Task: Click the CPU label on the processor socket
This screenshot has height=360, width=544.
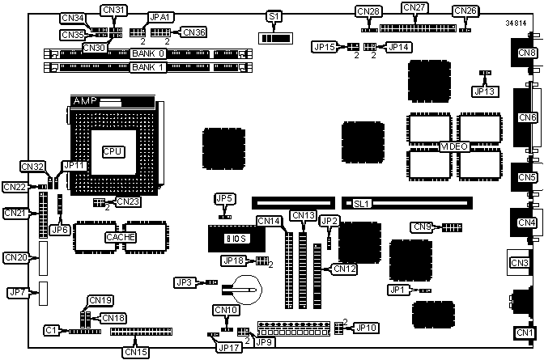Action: (x=111, y=151)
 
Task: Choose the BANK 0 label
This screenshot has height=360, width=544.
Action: (x=147, y=53)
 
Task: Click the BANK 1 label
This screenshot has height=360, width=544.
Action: (x=147, y=66)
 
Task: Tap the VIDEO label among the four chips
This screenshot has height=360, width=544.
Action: (x=453, y=146)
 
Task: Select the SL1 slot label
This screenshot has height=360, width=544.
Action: (x=356, y=204)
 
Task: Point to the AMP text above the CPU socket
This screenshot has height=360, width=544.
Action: (x=85, y=101)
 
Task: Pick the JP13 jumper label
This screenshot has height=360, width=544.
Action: (x=483, y=91)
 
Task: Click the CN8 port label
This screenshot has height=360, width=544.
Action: (x=527, y=53)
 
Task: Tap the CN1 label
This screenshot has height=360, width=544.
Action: (x=525, y=332)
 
